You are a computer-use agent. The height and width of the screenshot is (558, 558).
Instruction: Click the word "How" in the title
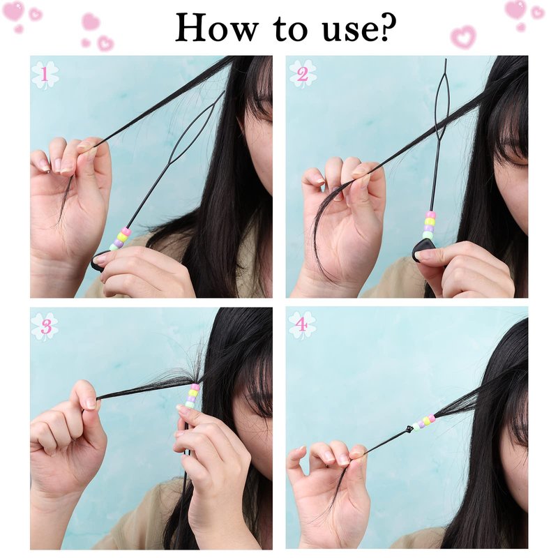[217, 27]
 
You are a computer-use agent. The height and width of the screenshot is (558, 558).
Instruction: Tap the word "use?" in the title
[359, 28]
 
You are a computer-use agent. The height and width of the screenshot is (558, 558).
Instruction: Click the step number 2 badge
[302, 75]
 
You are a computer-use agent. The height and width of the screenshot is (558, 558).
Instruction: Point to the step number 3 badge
[45, 326]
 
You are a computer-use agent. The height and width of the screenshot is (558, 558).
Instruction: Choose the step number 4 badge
[302, 325]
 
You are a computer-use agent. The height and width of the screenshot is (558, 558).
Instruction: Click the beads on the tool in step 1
[120, 239]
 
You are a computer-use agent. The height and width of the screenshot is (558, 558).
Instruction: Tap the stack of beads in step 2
[429, 225]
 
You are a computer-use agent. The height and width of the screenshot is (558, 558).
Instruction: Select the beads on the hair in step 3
[193, 395]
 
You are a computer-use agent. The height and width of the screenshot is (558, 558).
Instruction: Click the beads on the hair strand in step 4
[424, 422]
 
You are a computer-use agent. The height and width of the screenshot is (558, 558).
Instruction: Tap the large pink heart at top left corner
[13, 10]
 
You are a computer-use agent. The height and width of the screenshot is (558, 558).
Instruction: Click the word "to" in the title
[289, 29]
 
